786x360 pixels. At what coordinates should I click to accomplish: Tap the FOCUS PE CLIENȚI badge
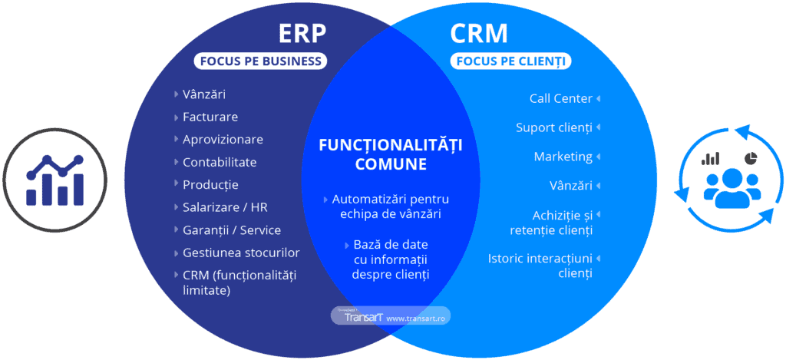click(x=510, y=61)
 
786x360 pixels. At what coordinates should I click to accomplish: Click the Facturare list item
click(x=210, y=117)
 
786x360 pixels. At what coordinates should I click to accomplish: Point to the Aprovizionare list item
click(x=223, y=140)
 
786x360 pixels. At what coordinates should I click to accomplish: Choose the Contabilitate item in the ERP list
click(x=220, y=162)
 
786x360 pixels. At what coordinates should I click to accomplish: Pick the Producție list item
click(x=210, y=185)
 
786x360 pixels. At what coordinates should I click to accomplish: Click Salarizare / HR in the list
click(x=225, y=207)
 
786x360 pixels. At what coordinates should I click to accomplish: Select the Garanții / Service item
click(x=232, y=230)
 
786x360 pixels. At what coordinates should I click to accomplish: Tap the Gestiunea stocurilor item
click(x=241, y=253)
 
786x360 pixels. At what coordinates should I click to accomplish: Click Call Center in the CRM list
click(x=561, y=98)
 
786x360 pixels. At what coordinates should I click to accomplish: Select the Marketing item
click(x=563, y=157)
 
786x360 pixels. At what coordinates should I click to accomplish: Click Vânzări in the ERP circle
click(x=204, y=94)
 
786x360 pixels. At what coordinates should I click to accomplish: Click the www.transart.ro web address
click(x=418, y=318)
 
